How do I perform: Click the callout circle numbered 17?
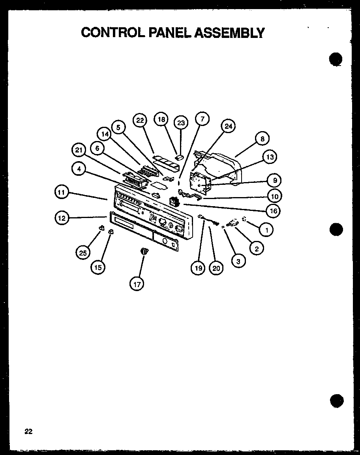137,283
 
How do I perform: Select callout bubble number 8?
262,139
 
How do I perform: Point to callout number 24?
228,126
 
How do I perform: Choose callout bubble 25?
83,253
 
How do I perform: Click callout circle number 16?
273,211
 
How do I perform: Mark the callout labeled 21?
79,150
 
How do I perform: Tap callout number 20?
216,269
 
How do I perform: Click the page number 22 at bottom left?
28,432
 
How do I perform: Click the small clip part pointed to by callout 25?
101,228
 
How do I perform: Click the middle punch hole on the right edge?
335,229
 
